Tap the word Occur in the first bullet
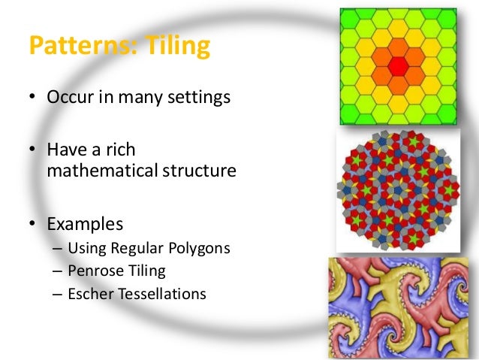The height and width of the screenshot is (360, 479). [x=69, y=98]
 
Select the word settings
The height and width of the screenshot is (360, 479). [x=200, y=98]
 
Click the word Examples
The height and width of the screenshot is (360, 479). [x=85, y=223]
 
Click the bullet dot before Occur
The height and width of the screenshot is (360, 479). [x=33, y=98]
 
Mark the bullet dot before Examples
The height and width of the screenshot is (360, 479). [x=33, y=224]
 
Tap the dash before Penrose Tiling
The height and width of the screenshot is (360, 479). [x=57, y=271]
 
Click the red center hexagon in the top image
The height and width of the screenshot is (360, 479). [x=398, y=65]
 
